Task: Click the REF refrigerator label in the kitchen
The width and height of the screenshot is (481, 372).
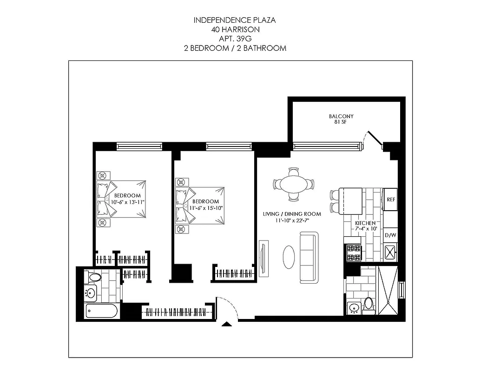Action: coord(390,199)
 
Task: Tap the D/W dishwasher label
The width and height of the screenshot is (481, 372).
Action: coord(390,235)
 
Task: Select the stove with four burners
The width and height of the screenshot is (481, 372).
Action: coord(354,253)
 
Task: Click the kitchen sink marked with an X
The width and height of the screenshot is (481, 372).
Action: coord(390,253)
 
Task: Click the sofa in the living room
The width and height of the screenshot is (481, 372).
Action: coord(308,257)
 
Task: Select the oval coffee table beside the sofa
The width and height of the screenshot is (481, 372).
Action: coord(289,257)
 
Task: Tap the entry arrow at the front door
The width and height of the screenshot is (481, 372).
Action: coord(227,325)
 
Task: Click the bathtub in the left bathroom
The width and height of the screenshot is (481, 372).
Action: coord(101,312)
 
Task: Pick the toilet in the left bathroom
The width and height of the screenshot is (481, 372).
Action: coord(94,278)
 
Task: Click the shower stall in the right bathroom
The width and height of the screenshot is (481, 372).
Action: coord(388,290)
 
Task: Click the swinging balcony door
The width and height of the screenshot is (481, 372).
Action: coord(372,138)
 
